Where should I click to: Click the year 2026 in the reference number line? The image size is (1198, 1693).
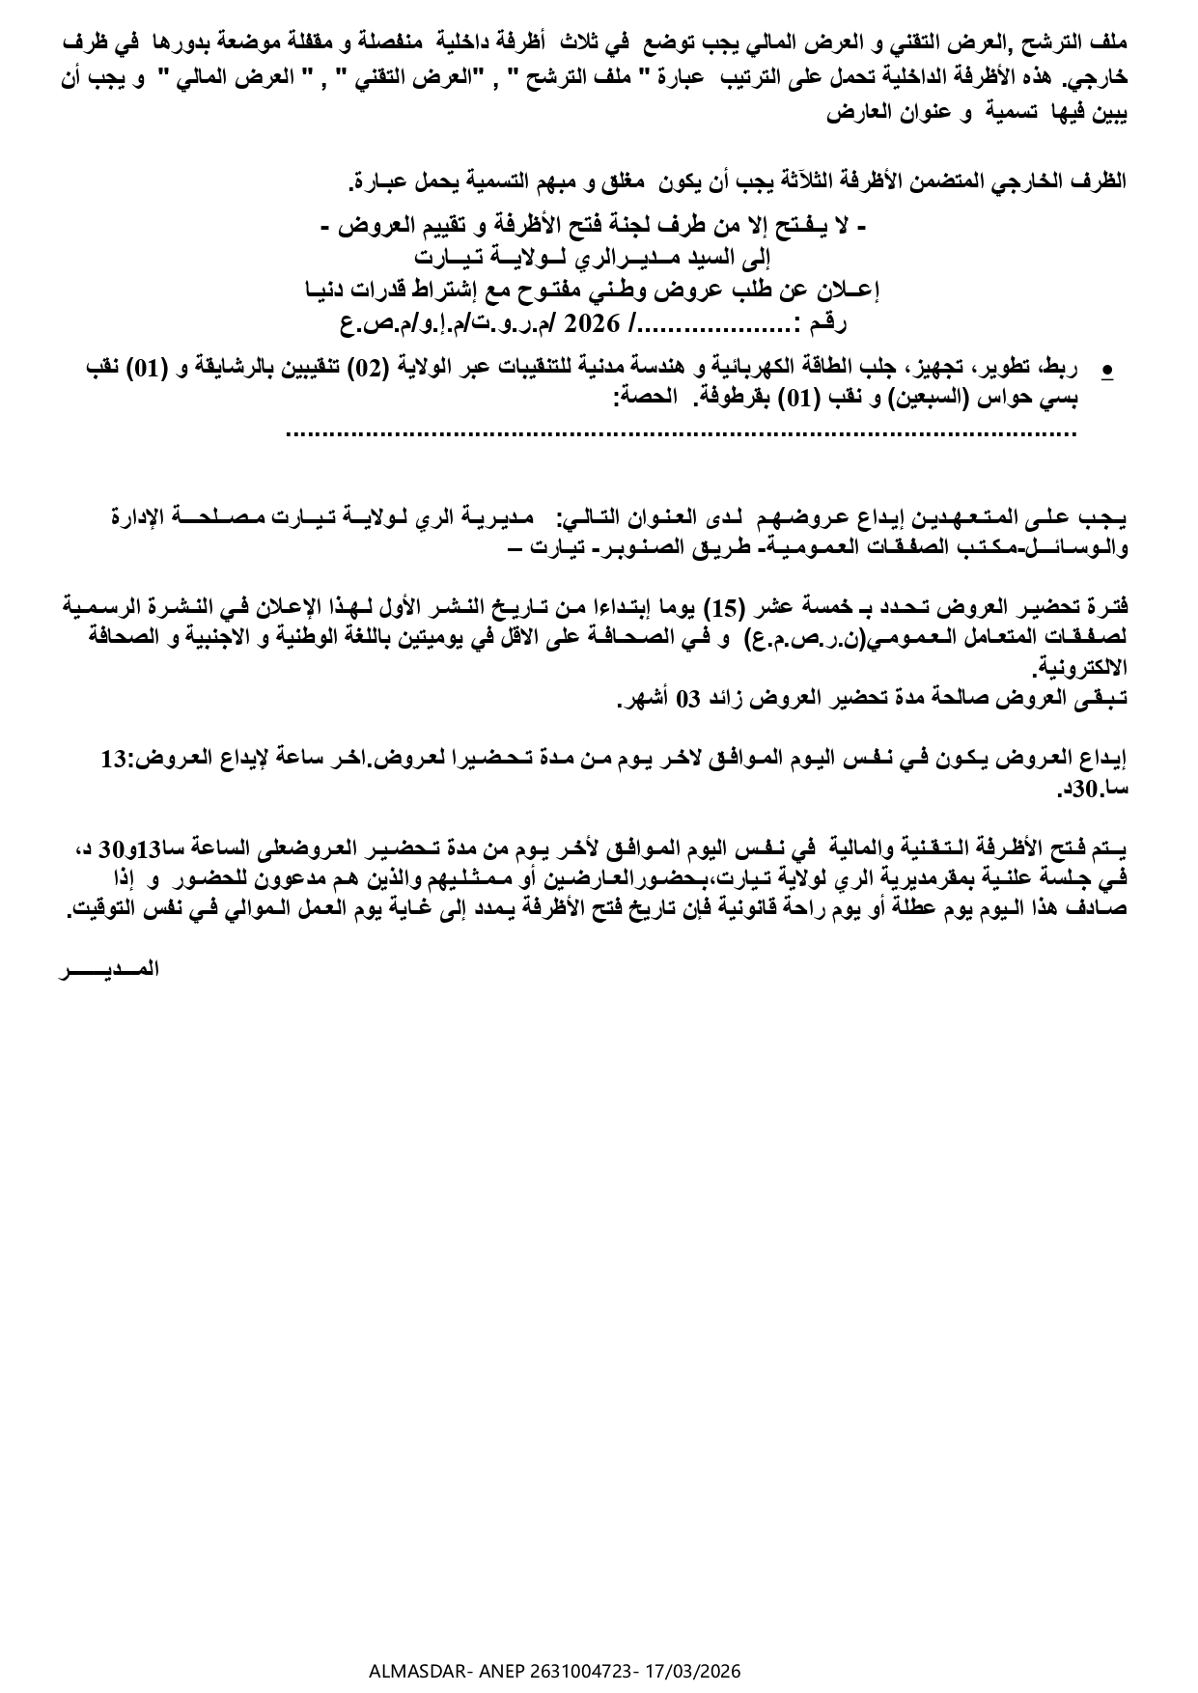tap(605, 322)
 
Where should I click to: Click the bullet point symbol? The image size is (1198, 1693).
tap(1107, 369)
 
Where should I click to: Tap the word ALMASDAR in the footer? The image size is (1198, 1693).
tap(402, 1671)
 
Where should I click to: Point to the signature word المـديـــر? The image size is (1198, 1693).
tap(108, 970)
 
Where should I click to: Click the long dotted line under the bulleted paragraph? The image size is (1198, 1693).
tap(682, 433)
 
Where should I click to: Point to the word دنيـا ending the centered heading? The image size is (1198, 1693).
tap(327, 290)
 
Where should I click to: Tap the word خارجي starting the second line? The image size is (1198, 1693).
tap(1100, 80)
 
